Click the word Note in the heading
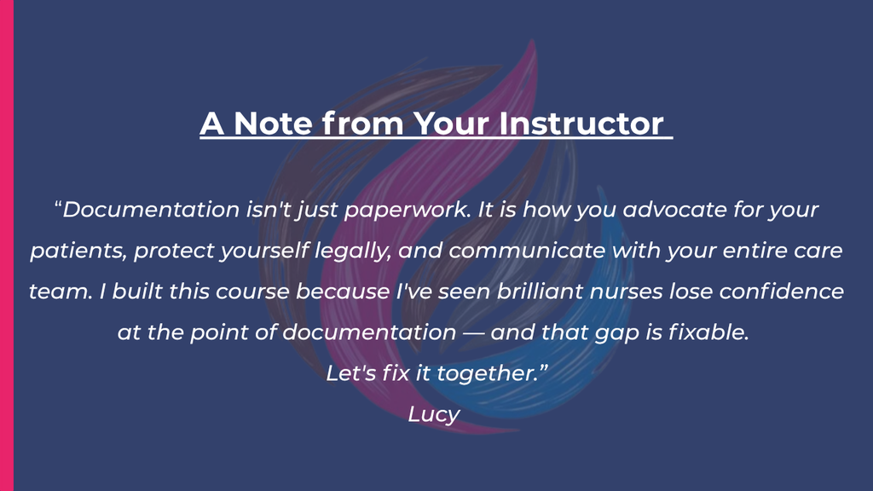click(273, 123)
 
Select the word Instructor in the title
click(581, 123)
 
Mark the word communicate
click(527, 251)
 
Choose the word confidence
click(782, 291)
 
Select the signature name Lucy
click(434, 415)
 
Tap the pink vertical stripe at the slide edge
click(7, 245)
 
